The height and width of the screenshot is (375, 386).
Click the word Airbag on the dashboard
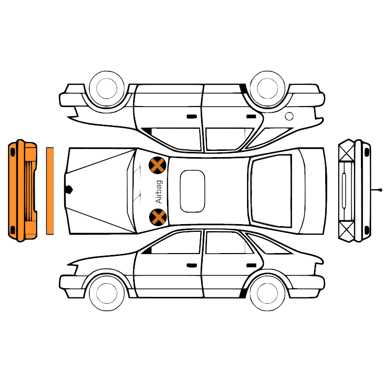[x=159, y=192]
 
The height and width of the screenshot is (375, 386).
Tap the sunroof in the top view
[x=192, y=191]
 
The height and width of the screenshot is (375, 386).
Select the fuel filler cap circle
[x=289, y=116]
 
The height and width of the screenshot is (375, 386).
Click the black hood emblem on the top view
[x=69, y=189]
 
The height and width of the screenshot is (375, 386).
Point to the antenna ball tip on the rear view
[x=381, y=190]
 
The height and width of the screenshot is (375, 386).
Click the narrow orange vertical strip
[x=50, y=191]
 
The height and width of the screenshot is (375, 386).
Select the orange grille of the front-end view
[x=29, y=191]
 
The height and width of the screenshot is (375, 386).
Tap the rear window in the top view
[x=271, y=191]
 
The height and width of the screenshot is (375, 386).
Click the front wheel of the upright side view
[x=107, y=293]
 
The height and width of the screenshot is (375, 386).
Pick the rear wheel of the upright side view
[x=268, y=293]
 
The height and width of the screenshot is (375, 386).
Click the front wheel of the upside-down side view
[x=107, y=89]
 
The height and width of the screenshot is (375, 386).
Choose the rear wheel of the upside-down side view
[x=268, y=89]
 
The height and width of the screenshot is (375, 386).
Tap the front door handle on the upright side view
[x=192, y=265]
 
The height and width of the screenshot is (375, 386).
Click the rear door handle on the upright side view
[x=251, y=265]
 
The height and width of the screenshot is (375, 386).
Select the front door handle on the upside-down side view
[x=192, y=116]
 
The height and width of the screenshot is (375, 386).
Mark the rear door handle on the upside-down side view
[x=251, y=116]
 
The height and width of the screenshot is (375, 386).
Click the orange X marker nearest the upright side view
[x=158, y=217]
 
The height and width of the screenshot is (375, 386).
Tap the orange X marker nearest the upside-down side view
[x=158, y=165]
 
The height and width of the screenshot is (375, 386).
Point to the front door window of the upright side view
[x=176, y=243]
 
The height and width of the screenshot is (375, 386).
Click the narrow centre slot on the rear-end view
[x=344, y=190]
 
